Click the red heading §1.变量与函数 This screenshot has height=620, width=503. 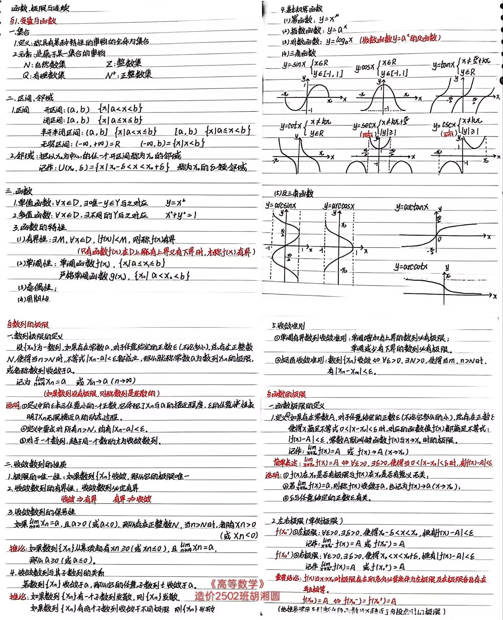[x=33, y=21]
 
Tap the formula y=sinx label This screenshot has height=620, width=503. [x=294, y=65]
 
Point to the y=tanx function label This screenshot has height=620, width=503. [x=444, y=65]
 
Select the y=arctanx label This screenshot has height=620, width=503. [x=412, y=207]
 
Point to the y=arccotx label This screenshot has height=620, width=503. [x=411, y=267]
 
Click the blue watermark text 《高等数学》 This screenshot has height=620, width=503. [x=238, y=584]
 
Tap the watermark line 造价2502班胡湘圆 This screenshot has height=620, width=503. [x=238, y=596]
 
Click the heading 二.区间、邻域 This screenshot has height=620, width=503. [x=30, y=98]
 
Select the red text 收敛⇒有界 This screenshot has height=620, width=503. [x=79, y=499]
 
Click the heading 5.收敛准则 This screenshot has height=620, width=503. [x=288, y=326]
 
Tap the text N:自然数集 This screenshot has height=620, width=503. [x=45, y=65]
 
